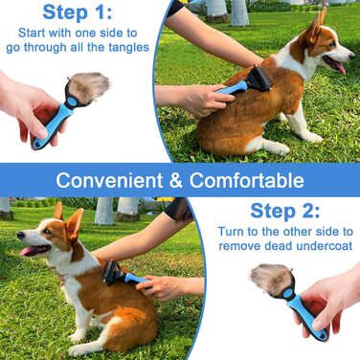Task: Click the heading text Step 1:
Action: [x=78, y=12]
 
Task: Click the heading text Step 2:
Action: [x=285, y=211]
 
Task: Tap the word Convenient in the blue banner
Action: [x=109, y=180]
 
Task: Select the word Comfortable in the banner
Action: [x=247, y=180]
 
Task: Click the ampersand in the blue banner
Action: [x=176, y=181]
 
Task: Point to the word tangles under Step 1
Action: [x=128, y=48]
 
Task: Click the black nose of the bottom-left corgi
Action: [x=20, y=236]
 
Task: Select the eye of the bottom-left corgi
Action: [x=46, y=231]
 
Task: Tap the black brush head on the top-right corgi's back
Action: [x=259, y=79]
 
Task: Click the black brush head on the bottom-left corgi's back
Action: [x=114, y=272]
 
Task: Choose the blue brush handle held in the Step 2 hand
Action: [x=306, y=315]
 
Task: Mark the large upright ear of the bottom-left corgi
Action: [x=74, y=224]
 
